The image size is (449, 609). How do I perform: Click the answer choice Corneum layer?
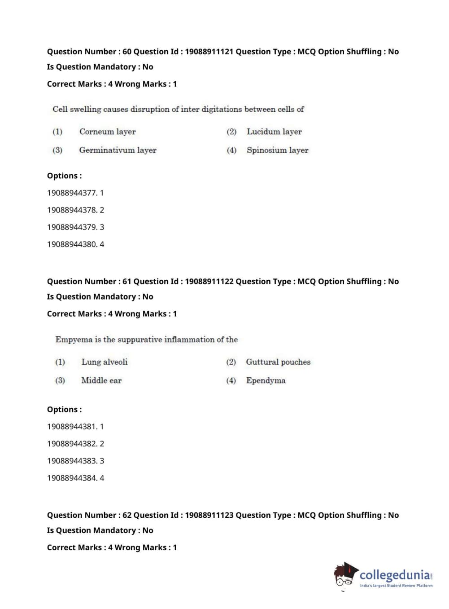(x=107, y=132)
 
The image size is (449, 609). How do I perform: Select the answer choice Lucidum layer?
(x=274, y=132)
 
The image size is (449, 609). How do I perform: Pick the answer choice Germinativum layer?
(x=118, y=150)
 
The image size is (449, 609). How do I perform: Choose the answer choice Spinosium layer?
(x=277, y=150)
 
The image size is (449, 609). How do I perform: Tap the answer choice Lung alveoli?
(x=104, y=362)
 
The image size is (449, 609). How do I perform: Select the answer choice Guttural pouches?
(x=278, y=362)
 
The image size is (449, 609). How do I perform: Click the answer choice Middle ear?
(x=101, y=380)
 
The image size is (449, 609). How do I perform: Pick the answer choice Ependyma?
(x=266, y=380)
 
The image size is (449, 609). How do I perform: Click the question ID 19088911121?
(x=209, y=52)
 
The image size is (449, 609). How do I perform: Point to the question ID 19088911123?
(x=209, y=515)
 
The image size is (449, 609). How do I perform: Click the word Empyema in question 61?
(x=74, y=340)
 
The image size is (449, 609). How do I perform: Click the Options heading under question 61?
(x=64, y=410)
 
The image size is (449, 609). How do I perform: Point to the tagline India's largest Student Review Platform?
(x=396, y=586)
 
